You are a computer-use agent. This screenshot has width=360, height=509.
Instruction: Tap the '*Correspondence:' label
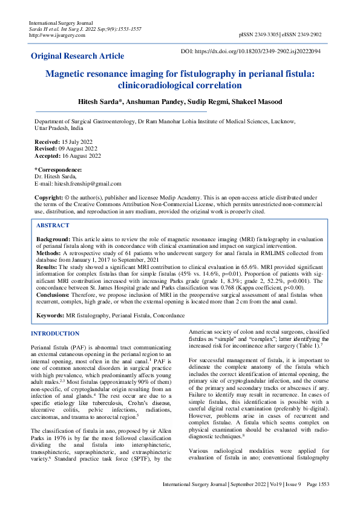58,170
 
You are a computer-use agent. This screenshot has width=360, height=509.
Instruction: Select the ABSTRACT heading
53,225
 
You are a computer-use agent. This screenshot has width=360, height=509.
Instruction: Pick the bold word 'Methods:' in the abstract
48,253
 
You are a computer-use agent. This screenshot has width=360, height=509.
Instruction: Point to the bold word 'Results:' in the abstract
47,266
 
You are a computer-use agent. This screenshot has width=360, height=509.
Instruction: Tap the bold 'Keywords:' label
51,316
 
